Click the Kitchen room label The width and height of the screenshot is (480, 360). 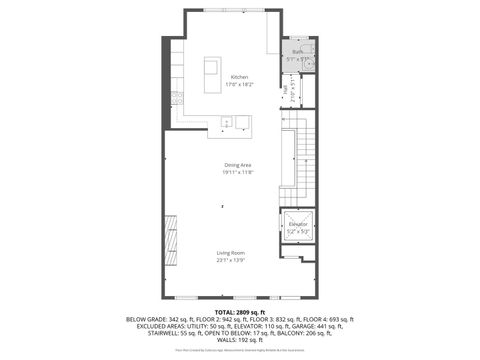click(x=239, y=77)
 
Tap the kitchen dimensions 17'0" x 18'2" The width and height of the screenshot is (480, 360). click(x=239, y=85)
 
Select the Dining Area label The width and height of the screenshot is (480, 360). click(x=237, y=165)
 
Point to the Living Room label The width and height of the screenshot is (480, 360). click(x=231, y=253)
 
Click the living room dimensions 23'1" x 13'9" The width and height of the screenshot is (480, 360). click(x=231, y=260)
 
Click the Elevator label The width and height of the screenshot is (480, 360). click(x=298, y=224)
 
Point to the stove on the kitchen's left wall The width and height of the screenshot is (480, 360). click(x=176, y=98)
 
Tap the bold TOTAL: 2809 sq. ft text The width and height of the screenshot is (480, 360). click(x=239, y=312)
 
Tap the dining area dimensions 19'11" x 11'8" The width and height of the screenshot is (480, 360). click(x=237, y=172)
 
